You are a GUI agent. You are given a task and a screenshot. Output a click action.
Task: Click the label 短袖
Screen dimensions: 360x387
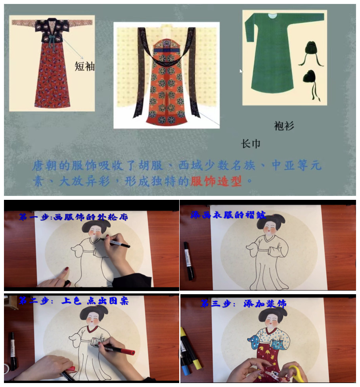click(84, 67)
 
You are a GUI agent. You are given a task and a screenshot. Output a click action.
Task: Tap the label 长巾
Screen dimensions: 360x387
click(251, 144)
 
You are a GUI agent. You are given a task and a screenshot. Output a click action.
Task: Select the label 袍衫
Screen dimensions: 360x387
click(284, 126)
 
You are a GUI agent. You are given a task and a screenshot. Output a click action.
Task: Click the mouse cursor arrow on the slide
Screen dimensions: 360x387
click(241, 71)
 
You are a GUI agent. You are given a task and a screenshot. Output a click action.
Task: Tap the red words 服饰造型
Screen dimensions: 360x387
click(216, 182)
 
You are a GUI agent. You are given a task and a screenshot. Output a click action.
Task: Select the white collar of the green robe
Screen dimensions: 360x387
click(273, 16)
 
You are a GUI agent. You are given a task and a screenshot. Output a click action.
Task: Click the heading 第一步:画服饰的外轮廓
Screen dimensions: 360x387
click(73, 217)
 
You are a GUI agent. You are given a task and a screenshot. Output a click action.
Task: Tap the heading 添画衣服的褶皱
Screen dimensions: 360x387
click(228, 215)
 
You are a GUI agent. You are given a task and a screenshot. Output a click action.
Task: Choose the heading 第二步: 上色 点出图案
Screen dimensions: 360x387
click(73, 301)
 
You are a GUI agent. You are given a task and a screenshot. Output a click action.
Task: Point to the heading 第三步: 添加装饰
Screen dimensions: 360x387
click(243, 303)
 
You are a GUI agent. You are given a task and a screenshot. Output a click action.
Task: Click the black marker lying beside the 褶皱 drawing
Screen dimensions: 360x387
click(188, 261)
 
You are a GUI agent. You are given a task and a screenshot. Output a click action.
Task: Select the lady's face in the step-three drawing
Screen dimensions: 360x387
click(272, 321)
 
